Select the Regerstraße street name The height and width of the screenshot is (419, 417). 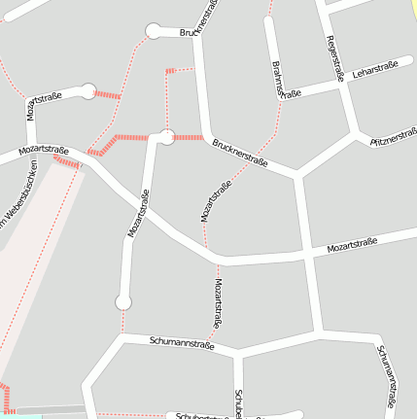coord(335,58)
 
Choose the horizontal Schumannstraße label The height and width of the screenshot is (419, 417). coord(182,343)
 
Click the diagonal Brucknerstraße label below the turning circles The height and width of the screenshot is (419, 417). coord(239,151)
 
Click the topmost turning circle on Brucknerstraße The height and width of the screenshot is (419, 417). coord(153,32)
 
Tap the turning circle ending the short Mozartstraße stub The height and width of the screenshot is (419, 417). coord(87,92)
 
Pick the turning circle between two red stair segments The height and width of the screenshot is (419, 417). coord(166,137)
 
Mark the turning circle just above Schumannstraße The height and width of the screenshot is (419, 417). coord(123,302)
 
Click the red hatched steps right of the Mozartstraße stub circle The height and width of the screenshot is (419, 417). coord(108,95)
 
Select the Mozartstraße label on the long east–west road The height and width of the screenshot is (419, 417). coord(351,247)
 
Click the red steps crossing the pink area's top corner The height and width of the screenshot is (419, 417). coord(66,163)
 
